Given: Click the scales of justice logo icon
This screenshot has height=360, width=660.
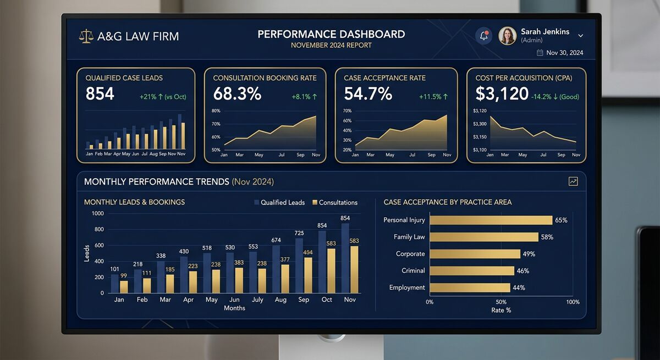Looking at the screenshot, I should point(86,37).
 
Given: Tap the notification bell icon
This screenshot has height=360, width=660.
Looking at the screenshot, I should point(484,36).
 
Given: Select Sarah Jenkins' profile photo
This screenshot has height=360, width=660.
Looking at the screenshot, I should point(507,36).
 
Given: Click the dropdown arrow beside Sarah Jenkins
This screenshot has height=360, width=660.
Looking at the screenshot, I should point(580,36).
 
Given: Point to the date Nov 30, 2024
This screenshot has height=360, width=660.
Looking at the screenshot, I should point(564,53).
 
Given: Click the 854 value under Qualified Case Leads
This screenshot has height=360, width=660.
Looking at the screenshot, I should point(100,94).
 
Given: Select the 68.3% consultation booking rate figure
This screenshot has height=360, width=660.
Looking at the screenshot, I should point(237,94).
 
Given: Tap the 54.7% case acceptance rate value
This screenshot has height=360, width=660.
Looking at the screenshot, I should point(368,94).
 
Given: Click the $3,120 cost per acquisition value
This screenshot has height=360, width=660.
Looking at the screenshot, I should point(502,94).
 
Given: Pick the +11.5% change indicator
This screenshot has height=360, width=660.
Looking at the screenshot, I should point(433,97).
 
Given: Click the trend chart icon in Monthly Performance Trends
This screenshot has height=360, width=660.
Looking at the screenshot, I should point(573,181).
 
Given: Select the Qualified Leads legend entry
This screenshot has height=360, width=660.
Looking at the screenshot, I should point(279,202).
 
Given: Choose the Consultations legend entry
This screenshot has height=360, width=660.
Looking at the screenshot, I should point(335,202).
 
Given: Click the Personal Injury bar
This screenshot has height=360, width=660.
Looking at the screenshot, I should point(491,220).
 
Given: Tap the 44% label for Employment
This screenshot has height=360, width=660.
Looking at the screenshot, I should point(519,287).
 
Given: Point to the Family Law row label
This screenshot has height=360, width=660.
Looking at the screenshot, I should point(409,237).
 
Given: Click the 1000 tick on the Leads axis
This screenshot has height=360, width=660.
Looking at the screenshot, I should point(97,213).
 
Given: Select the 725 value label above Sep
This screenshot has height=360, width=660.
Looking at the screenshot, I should point(299,233).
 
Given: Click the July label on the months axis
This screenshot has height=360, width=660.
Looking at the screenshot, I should point(257,300).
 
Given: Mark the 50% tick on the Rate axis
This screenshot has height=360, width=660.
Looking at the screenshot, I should point(501,302).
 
